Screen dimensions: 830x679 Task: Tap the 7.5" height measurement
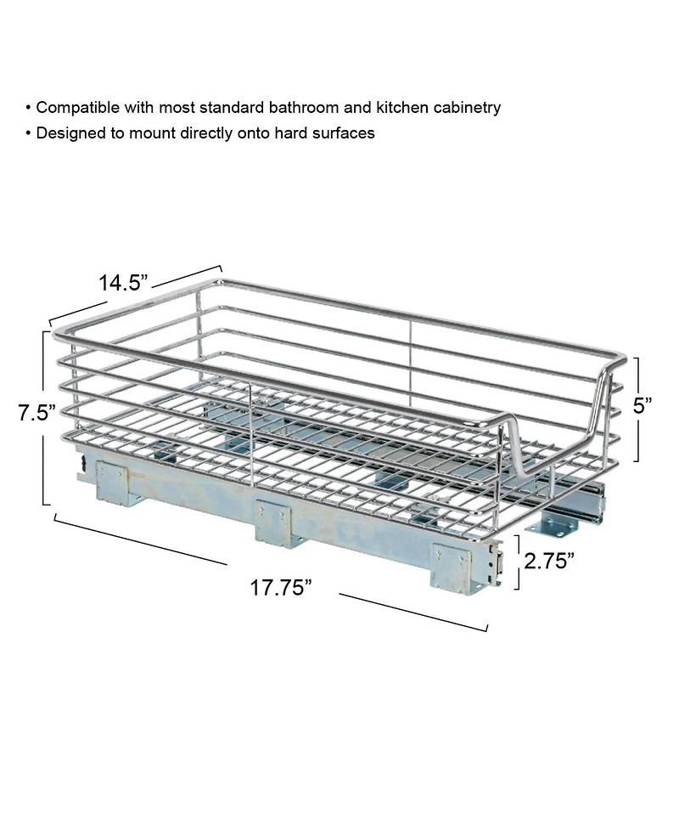point(36,414)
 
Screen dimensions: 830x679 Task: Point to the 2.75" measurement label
point(548,561)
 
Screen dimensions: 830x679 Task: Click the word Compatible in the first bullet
point(76,108)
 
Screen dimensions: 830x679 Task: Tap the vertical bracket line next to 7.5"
point(42,416)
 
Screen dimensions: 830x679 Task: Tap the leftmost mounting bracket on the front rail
point(115,482)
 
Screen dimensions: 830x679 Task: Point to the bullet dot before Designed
point(29,133)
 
